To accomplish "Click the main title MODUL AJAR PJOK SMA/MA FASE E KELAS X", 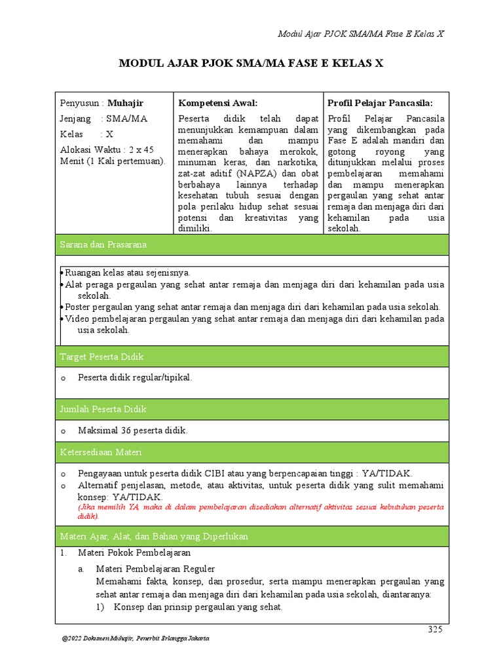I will [251, 64].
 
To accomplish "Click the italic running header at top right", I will [361, 34].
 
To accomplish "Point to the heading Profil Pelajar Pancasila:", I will [380, 103].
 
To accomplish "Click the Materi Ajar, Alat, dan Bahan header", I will [154, 536].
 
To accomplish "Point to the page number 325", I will [435, 630].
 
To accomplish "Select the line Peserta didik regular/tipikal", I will [134, 377].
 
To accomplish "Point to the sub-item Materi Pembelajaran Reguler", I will [155, 569].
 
